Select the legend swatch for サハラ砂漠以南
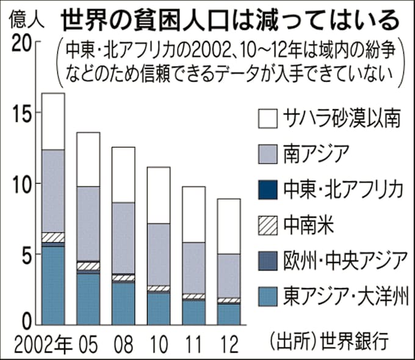point(269,118)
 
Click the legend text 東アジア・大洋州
point(344,298)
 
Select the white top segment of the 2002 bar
point(52,121)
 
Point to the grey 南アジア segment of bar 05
point(88,223)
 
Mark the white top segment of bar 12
point(228,226)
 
